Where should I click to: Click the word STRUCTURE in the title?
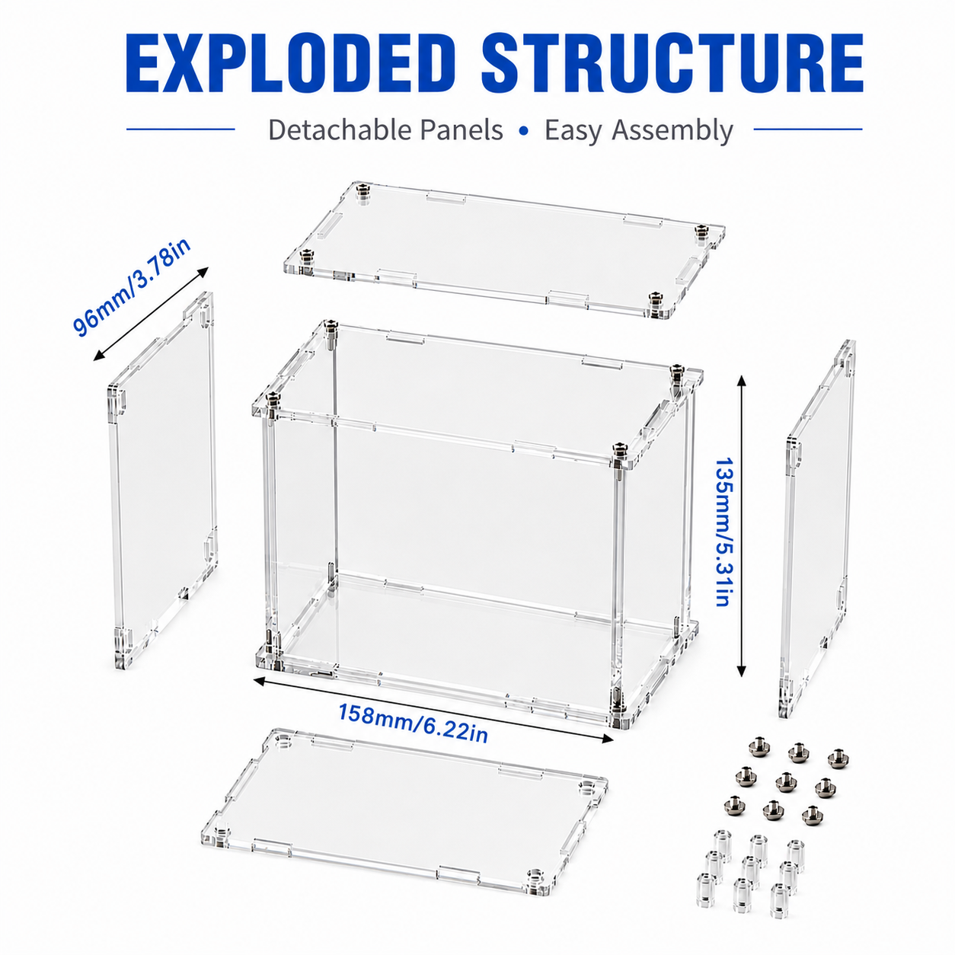[x=672, y=65]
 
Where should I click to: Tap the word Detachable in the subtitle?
[x=339, y=129]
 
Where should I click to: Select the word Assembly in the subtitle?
[x=672, y=131]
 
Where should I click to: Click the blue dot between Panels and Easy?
[x=524, y=131]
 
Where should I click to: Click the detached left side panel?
[x=162, y=480]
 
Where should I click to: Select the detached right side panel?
[x=816, y=528]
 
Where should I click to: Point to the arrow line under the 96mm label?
[x=151, y=314]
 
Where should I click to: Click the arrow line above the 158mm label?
[x=433, y=710]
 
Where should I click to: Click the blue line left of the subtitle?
[x=180, y=129]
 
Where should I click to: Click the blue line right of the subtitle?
[x=808, y=129]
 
